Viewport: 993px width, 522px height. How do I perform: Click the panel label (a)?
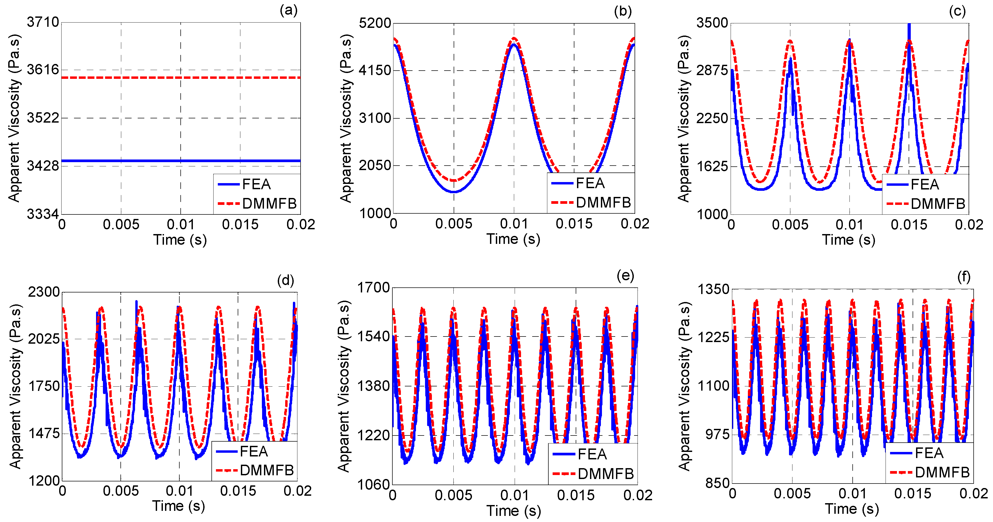pos(288,10)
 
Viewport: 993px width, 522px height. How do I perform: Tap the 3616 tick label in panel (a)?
pos(43,70)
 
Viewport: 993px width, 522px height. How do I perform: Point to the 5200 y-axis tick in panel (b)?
pos(375,23)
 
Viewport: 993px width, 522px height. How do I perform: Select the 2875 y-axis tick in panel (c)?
pos(712,71)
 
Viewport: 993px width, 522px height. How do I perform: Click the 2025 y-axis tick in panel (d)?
pos(44,339)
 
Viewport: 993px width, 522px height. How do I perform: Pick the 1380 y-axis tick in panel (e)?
pos(374,386)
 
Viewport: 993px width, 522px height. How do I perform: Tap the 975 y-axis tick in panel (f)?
pos(717,434)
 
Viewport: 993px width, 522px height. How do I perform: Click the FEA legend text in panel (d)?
pos(254,451)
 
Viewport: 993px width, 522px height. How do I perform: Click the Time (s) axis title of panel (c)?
pos(849,240)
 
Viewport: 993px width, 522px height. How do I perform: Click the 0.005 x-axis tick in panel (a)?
pos(121,224)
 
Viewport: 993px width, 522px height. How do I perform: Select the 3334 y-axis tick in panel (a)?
pos(43,214)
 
